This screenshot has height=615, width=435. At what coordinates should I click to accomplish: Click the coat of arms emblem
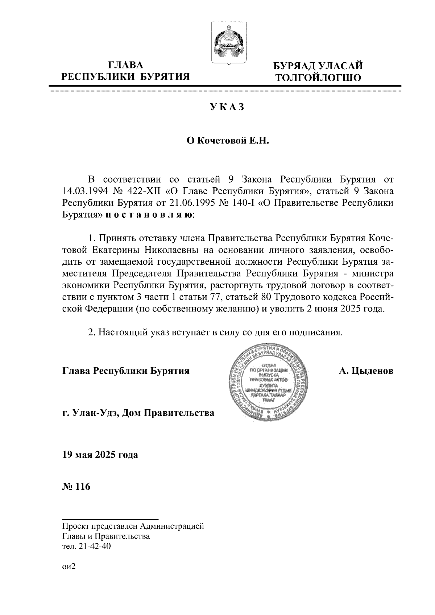pyautogui.click(x=227, y=44)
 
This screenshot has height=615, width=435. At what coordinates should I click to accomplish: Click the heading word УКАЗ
pyautogui.click(x=227, y=108)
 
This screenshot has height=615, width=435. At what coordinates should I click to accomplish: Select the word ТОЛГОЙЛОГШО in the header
pyautogui.click(x=318, y=78)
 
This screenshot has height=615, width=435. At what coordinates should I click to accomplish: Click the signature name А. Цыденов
pyautogui.click(x=366, y=371)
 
